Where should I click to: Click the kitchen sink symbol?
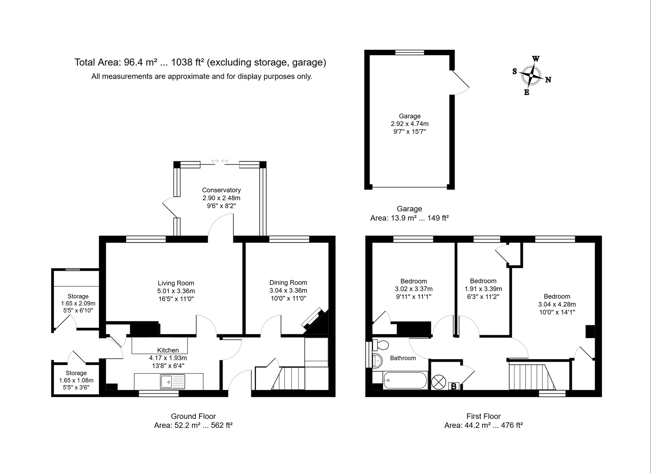click(172, 381)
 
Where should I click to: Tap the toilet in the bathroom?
click(381, 345)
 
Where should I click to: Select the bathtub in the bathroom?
click(405, 380)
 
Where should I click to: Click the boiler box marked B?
click(454, 386)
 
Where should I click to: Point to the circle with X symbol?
click(439, 382)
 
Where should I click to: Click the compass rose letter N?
click(548, 80)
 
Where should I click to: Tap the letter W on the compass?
click(536, 59)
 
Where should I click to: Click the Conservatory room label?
click(221, 190)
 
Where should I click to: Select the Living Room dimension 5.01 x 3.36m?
click(176, 291)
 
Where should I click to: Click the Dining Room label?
click(288, 283)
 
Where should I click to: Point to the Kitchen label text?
click(168, 350)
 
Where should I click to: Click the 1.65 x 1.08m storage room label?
click(76, 380)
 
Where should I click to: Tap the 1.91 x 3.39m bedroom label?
click(483, 289)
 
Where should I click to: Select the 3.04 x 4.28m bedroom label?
click(557, 304)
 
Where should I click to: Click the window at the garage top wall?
click(409, 53)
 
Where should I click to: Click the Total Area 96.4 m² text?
click(200, 62)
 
